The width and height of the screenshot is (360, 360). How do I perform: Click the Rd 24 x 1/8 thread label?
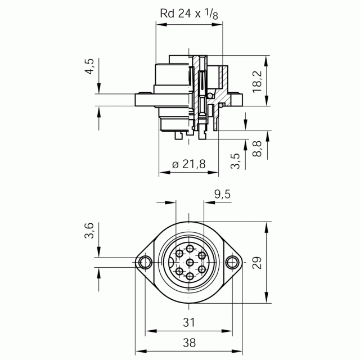tap(189, 13)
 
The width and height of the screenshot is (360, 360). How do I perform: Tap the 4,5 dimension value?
tap(90, 66)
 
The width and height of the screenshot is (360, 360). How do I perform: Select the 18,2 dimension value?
tap(257, 82)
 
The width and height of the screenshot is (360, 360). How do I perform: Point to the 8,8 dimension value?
tap(257, 148)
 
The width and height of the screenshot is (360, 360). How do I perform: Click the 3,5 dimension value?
tap(236, 161)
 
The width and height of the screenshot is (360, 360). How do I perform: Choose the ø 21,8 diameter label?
tap(189, 164)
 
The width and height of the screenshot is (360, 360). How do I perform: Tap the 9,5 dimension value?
tap(222, 195)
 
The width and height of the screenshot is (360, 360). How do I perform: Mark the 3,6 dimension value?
tap(89, 231)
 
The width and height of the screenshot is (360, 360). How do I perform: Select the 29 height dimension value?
tap(257, 263)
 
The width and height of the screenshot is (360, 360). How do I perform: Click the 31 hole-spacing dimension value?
tap(189, 322)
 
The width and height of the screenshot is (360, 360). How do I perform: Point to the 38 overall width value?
tap(189, 343)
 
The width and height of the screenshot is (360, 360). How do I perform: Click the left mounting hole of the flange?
tap(145, 263)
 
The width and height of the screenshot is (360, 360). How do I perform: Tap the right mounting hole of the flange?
tap(232, 263)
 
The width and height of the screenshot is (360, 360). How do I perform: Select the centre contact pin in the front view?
tap(190, 262)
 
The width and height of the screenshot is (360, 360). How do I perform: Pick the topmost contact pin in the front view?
tap(190, 248)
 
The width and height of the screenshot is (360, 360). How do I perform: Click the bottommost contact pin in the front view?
tap(190, 276)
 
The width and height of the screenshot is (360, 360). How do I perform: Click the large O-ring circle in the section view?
tap(210, 96)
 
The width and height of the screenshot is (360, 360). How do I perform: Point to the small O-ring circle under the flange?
tap(221, 105)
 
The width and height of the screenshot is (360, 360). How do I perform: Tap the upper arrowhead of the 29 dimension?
tap(266, 227)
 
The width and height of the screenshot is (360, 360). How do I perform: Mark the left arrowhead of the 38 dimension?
tap(141, 351)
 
